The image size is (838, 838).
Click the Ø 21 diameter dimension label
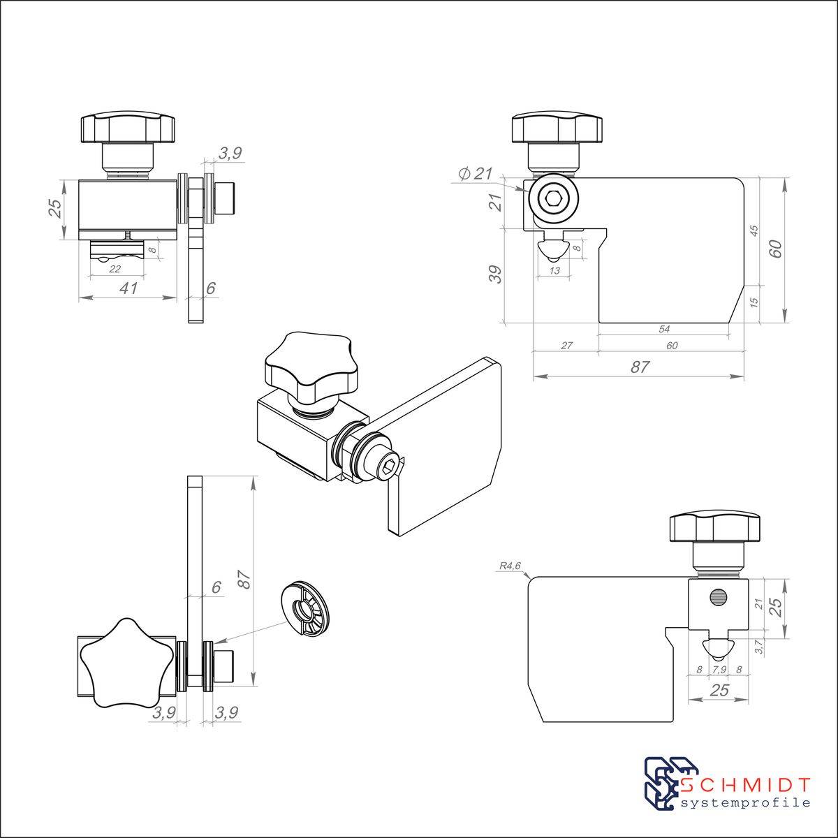click(475, 174)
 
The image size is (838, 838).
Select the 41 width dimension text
click(128, 288)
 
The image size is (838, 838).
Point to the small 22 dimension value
click(115, 269)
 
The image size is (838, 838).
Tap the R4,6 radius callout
click(510, 566)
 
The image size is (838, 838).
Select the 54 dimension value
click(664, 329)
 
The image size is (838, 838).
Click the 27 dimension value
click(566, 346)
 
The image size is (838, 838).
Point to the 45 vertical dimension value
click(754, 231)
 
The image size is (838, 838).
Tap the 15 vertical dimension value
click(754, 302)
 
